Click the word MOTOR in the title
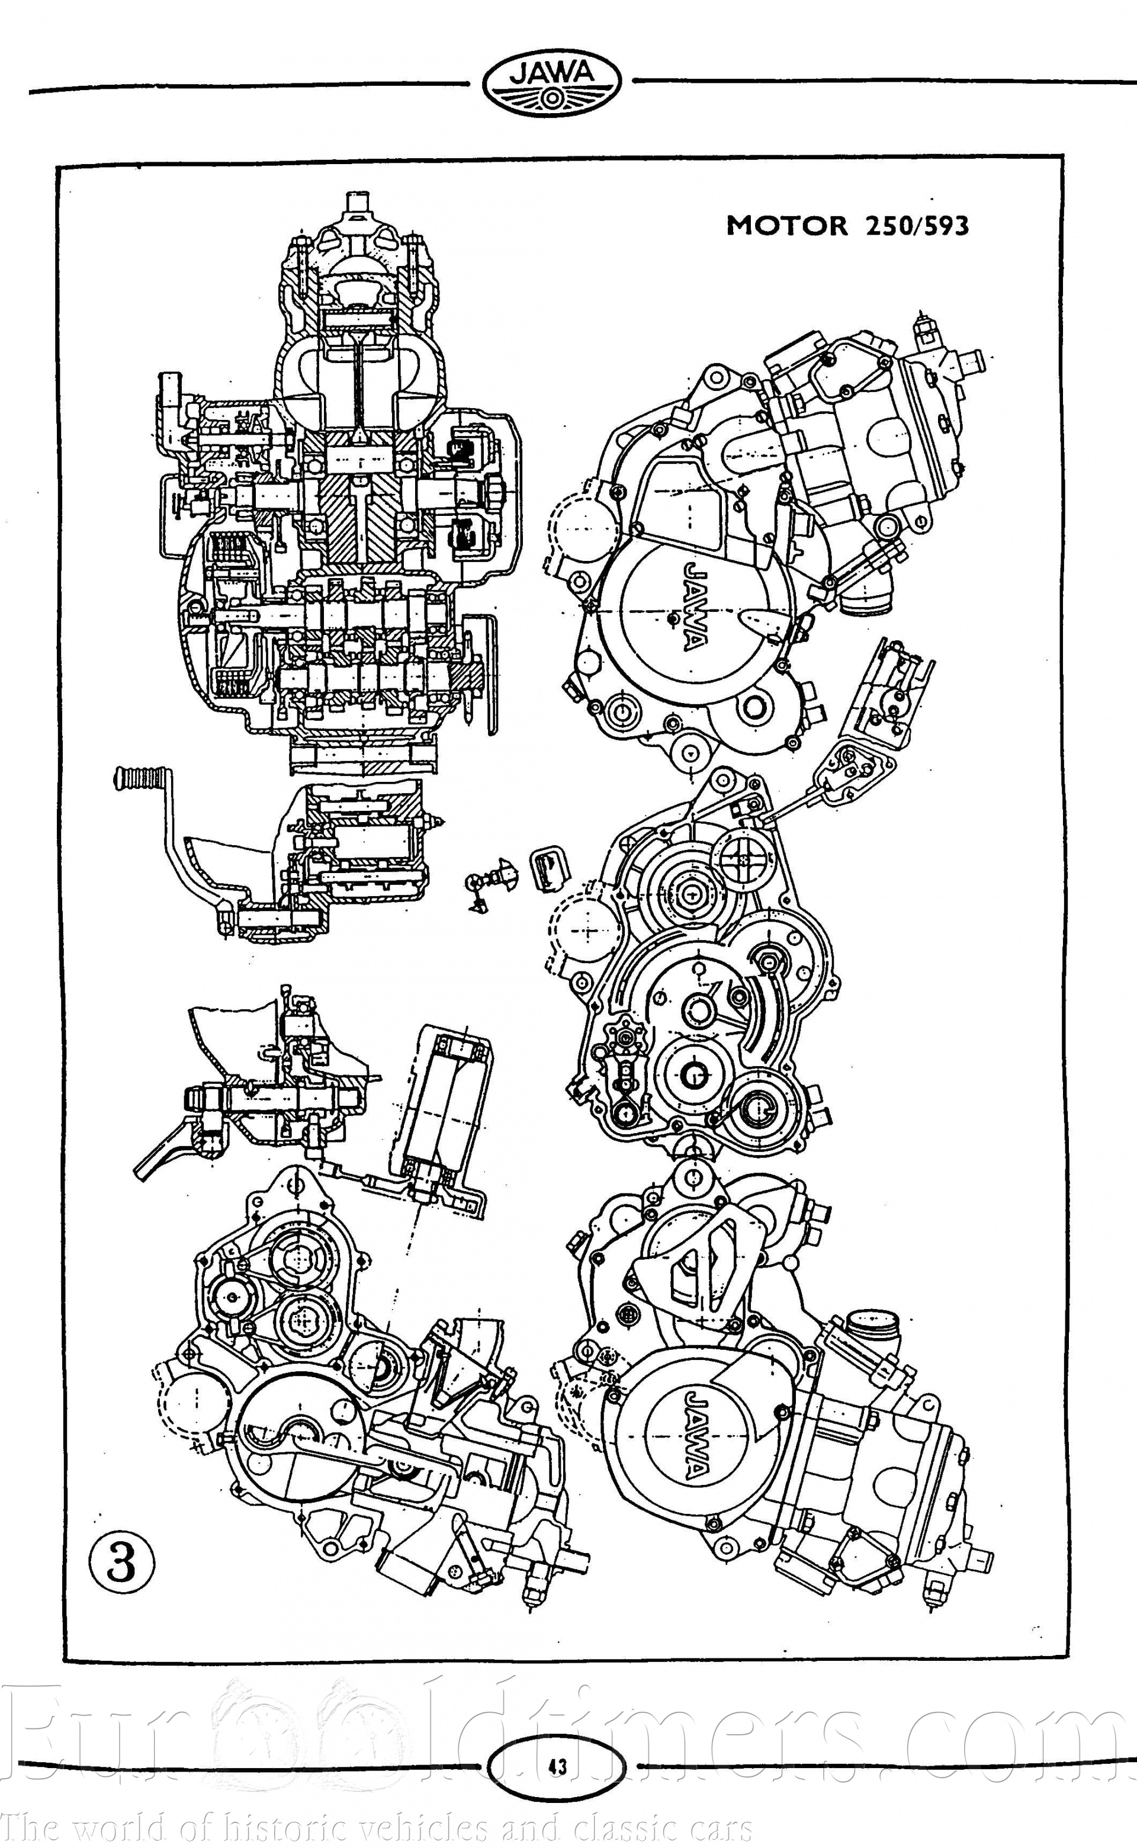pos(786,226)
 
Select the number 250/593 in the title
pos(917,226)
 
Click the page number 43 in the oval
pos(557,1766)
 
